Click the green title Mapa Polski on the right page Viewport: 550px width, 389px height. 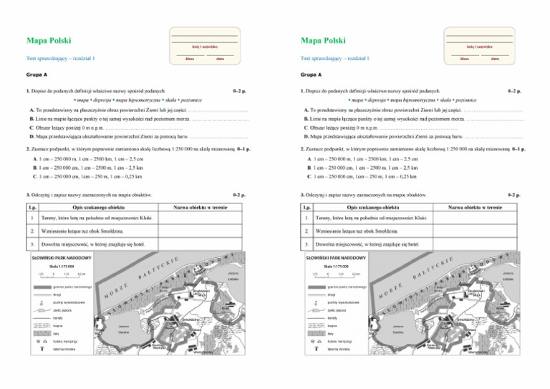pyautogui.click(x=324, y=41)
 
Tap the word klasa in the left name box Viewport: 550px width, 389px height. pyautogui.click(x=190, y=58)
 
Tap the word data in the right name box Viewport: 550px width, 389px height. pyautogui.click(x=495, y=58)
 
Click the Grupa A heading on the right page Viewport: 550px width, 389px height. pyautogui.click(x=312, y=74)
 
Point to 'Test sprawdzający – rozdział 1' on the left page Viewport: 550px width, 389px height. pyautogui.click(x=61, y=58)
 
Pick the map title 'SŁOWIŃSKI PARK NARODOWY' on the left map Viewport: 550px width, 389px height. pyautogui.click(x=60, y=257)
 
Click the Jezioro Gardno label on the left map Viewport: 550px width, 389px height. pyautogui.click(x=124, y=329)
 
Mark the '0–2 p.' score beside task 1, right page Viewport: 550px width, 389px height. pyautogui.click(x=513, y=92)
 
